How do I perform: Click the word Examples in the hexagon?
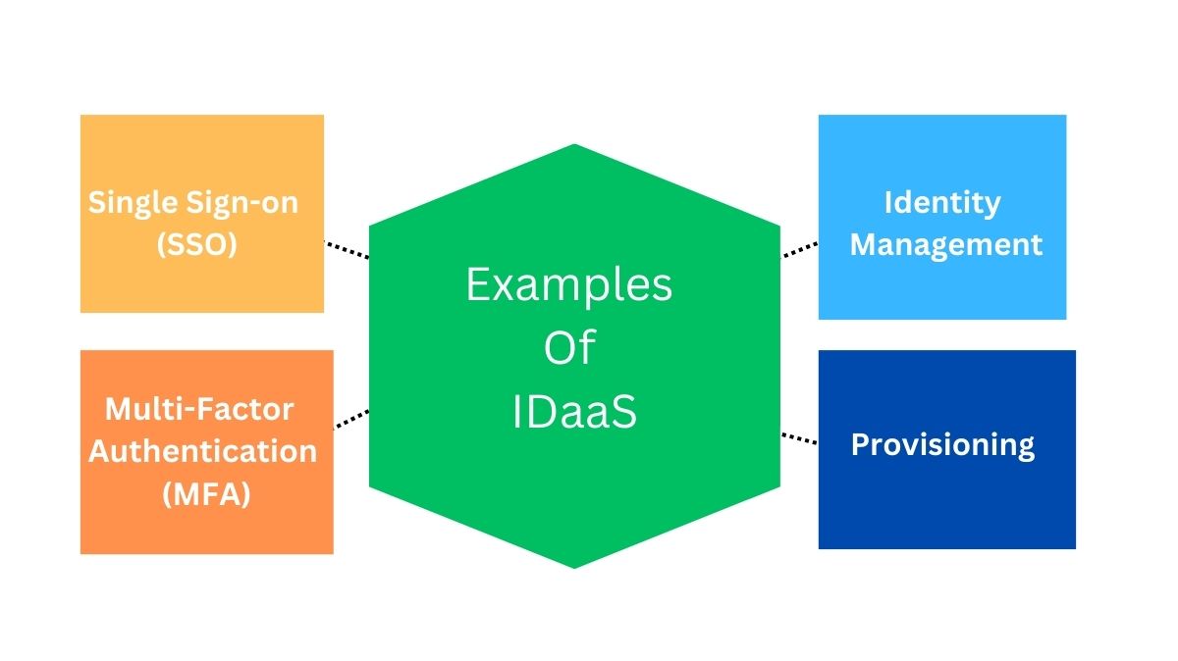point(569,286)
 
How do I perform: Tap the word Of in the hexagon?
point(569,348)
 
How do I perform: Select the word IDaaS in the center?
point(574,413)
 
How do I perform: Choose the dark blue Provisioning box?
point(946,500)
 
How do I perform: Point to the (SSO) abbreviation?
point(197,244)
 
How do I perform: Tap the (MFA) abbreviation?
point(205,494)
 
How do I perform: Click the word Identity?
point(942,202)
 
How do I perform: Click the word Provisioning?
point(942,444)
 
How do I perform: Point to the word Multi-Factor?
point(199,408)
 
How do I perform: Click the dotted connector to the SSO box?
point(347,249)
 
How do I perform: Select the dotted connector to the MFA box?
point(351,419)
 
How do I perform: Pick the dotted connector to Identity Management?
point(799,249)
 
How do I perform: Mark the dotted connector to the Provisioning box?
point(799,437)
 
